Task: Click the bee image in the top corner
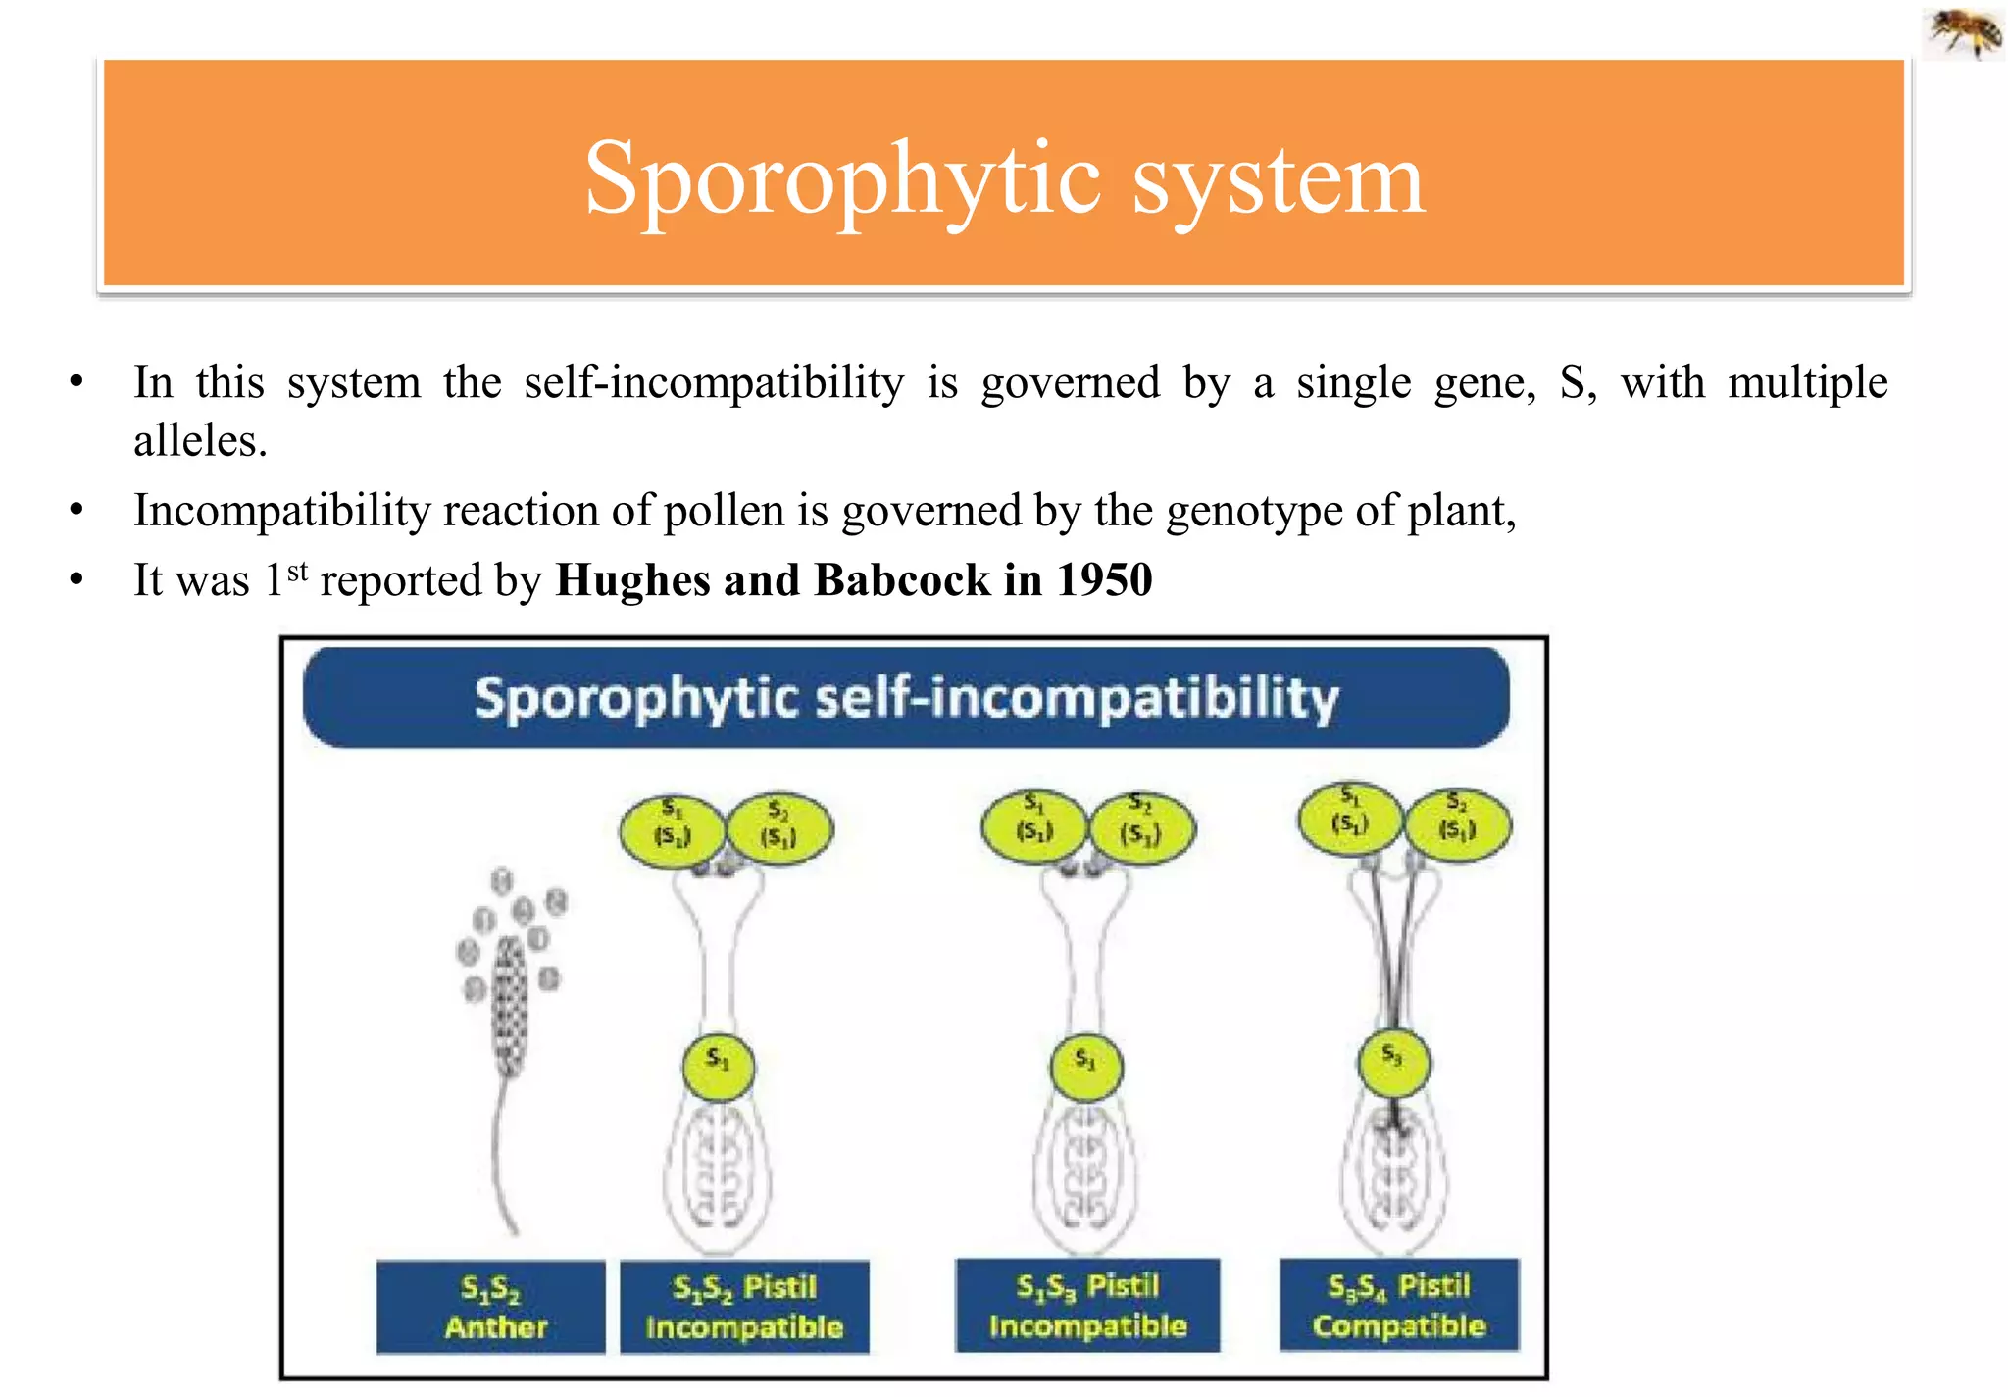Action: (x=1965, y=31)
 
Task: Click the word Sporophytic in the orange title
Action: (x=842, y=179)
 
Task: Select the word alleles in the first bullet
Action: (x=200, y=441)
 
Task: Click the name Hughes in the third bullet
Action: (x=632, y=579)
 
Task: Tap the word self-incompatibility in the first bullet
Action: (x=714, y=382)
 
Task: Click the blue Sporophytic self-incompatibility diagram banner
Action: (x=906, y=698)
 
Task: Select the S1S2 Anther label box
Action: (x=491, y=1307)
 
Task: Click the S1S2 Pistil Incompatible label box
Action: (x=744, y=1307)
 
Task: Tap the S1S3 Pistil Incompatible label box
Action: (x=1087, y=1305)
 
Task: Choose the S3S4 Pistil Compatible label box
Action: (x=1399, y=1305)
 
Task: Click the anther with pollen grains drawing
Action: (x=511, y=990)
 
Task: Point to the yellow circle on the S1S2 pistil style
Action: (x=718, y=1067)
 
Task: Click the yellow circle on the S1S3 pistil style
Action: (x=1085, y=1066)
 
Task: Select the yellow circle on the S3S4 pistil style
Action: (x=1393, y=1063)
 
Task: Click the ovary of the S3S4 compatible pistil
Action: (x=1393, y=1176)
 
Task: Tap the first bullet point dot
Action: (x=76, y=382)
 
